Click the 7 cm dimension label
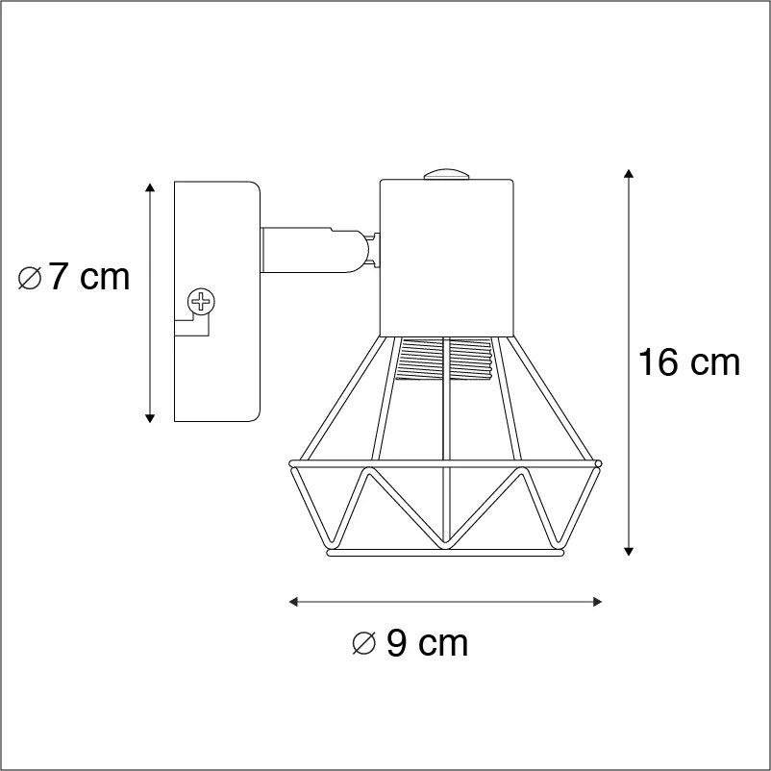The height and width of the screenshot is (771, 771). pos(87,277)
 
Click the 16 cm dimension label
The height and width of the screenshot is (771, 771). pos(689,362)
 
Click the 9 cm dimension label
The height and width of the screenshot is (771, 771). pos(426,643)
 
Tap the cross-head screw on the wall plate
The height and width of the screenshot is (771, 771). pos(201,303)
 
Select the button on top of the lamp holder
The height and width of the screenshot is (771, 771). pos(445,175)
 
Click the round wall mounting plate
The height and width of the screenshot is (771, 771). pos(215,301)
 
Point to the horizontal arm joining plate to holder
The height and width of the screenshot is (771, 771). pos(308,248)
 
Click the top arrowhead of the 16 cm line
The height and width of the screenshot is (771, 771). pos(629,173)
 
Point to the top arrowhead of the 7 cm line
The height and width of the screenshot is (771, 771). pos(149,186)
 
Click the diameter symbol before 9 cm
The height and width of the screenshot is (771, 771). pos(363,643)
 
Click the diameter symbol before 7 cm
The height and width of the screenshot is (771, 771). pos(30,279)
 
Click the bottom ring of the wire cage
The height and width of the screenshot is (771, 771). pos(446,554)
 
